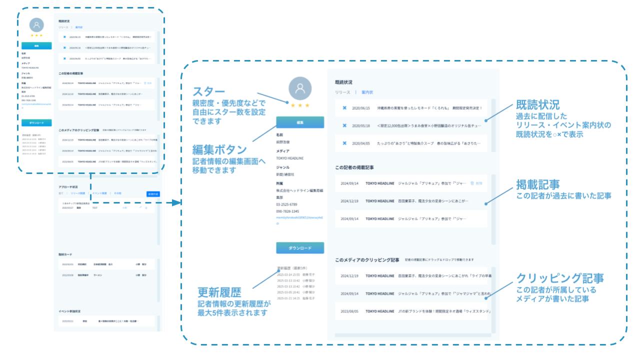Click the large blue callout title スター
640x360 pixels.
click(209, 92)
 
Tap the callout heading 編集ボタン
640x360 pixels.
click(219, 150)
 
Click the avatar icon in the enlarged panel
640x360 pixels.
click(300, 89)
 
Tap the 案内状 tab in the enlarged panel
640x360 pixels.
click(367, 92)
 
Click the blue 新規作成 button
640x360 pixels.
click(153, 193)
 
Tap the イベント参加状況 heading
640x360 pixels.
click(72, 311)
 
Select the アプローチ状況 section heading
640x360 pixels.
click(69, 186)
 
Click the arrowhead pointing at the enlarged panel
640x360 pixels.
click(175, 203)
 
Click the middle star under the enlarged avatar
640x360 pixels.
click(300, 105)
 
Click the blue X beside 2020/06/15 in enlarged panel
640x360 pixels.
click(344, 108)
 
